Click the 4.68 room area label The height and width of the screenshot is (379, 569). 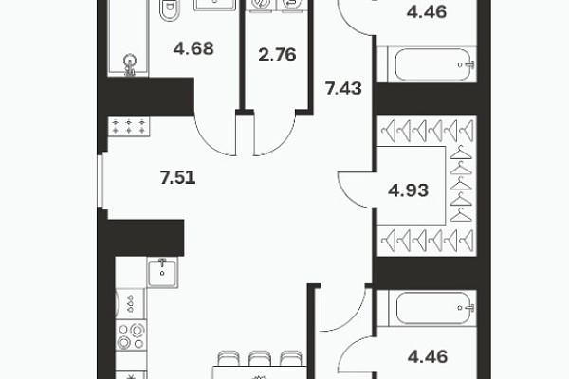click(193, 48)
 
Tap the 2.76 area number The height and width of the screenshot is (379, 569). click(277, 55)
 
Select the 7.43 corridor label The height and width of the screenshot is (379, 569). click(343, 88)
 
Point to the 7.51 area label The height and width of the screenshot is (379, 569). click(178, 178)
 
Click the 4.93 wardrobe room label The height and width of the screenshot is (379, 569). click(408, 190)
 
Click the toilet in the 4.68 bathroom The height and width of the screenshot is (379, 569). click(170, 10)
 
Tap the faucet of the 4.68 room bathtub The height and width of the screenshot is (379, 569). click(130, 64)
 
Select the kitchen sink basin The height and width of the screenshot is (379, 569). click(162, 273)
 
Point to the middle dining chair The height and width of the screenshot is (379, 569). click(259, 358)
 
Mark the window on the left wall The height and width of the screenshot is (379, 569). click(101, 181)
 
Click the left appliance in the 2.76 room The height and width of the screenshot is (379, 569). click(261, 5)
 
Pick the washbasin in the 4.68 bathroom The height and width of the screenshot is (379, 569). click(215, 5)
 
